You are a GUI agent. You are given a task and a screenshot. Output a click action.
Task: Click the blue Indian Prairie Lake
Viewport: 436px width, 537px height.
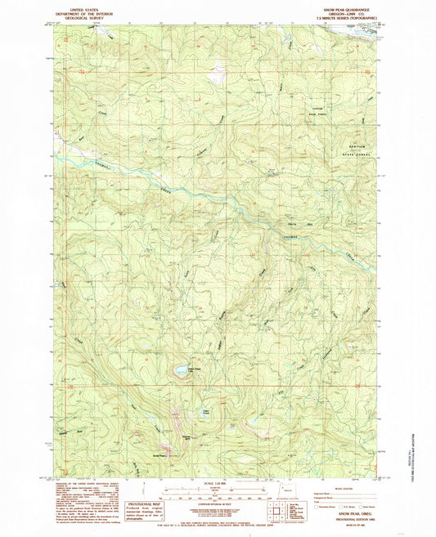coord(178,371)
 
